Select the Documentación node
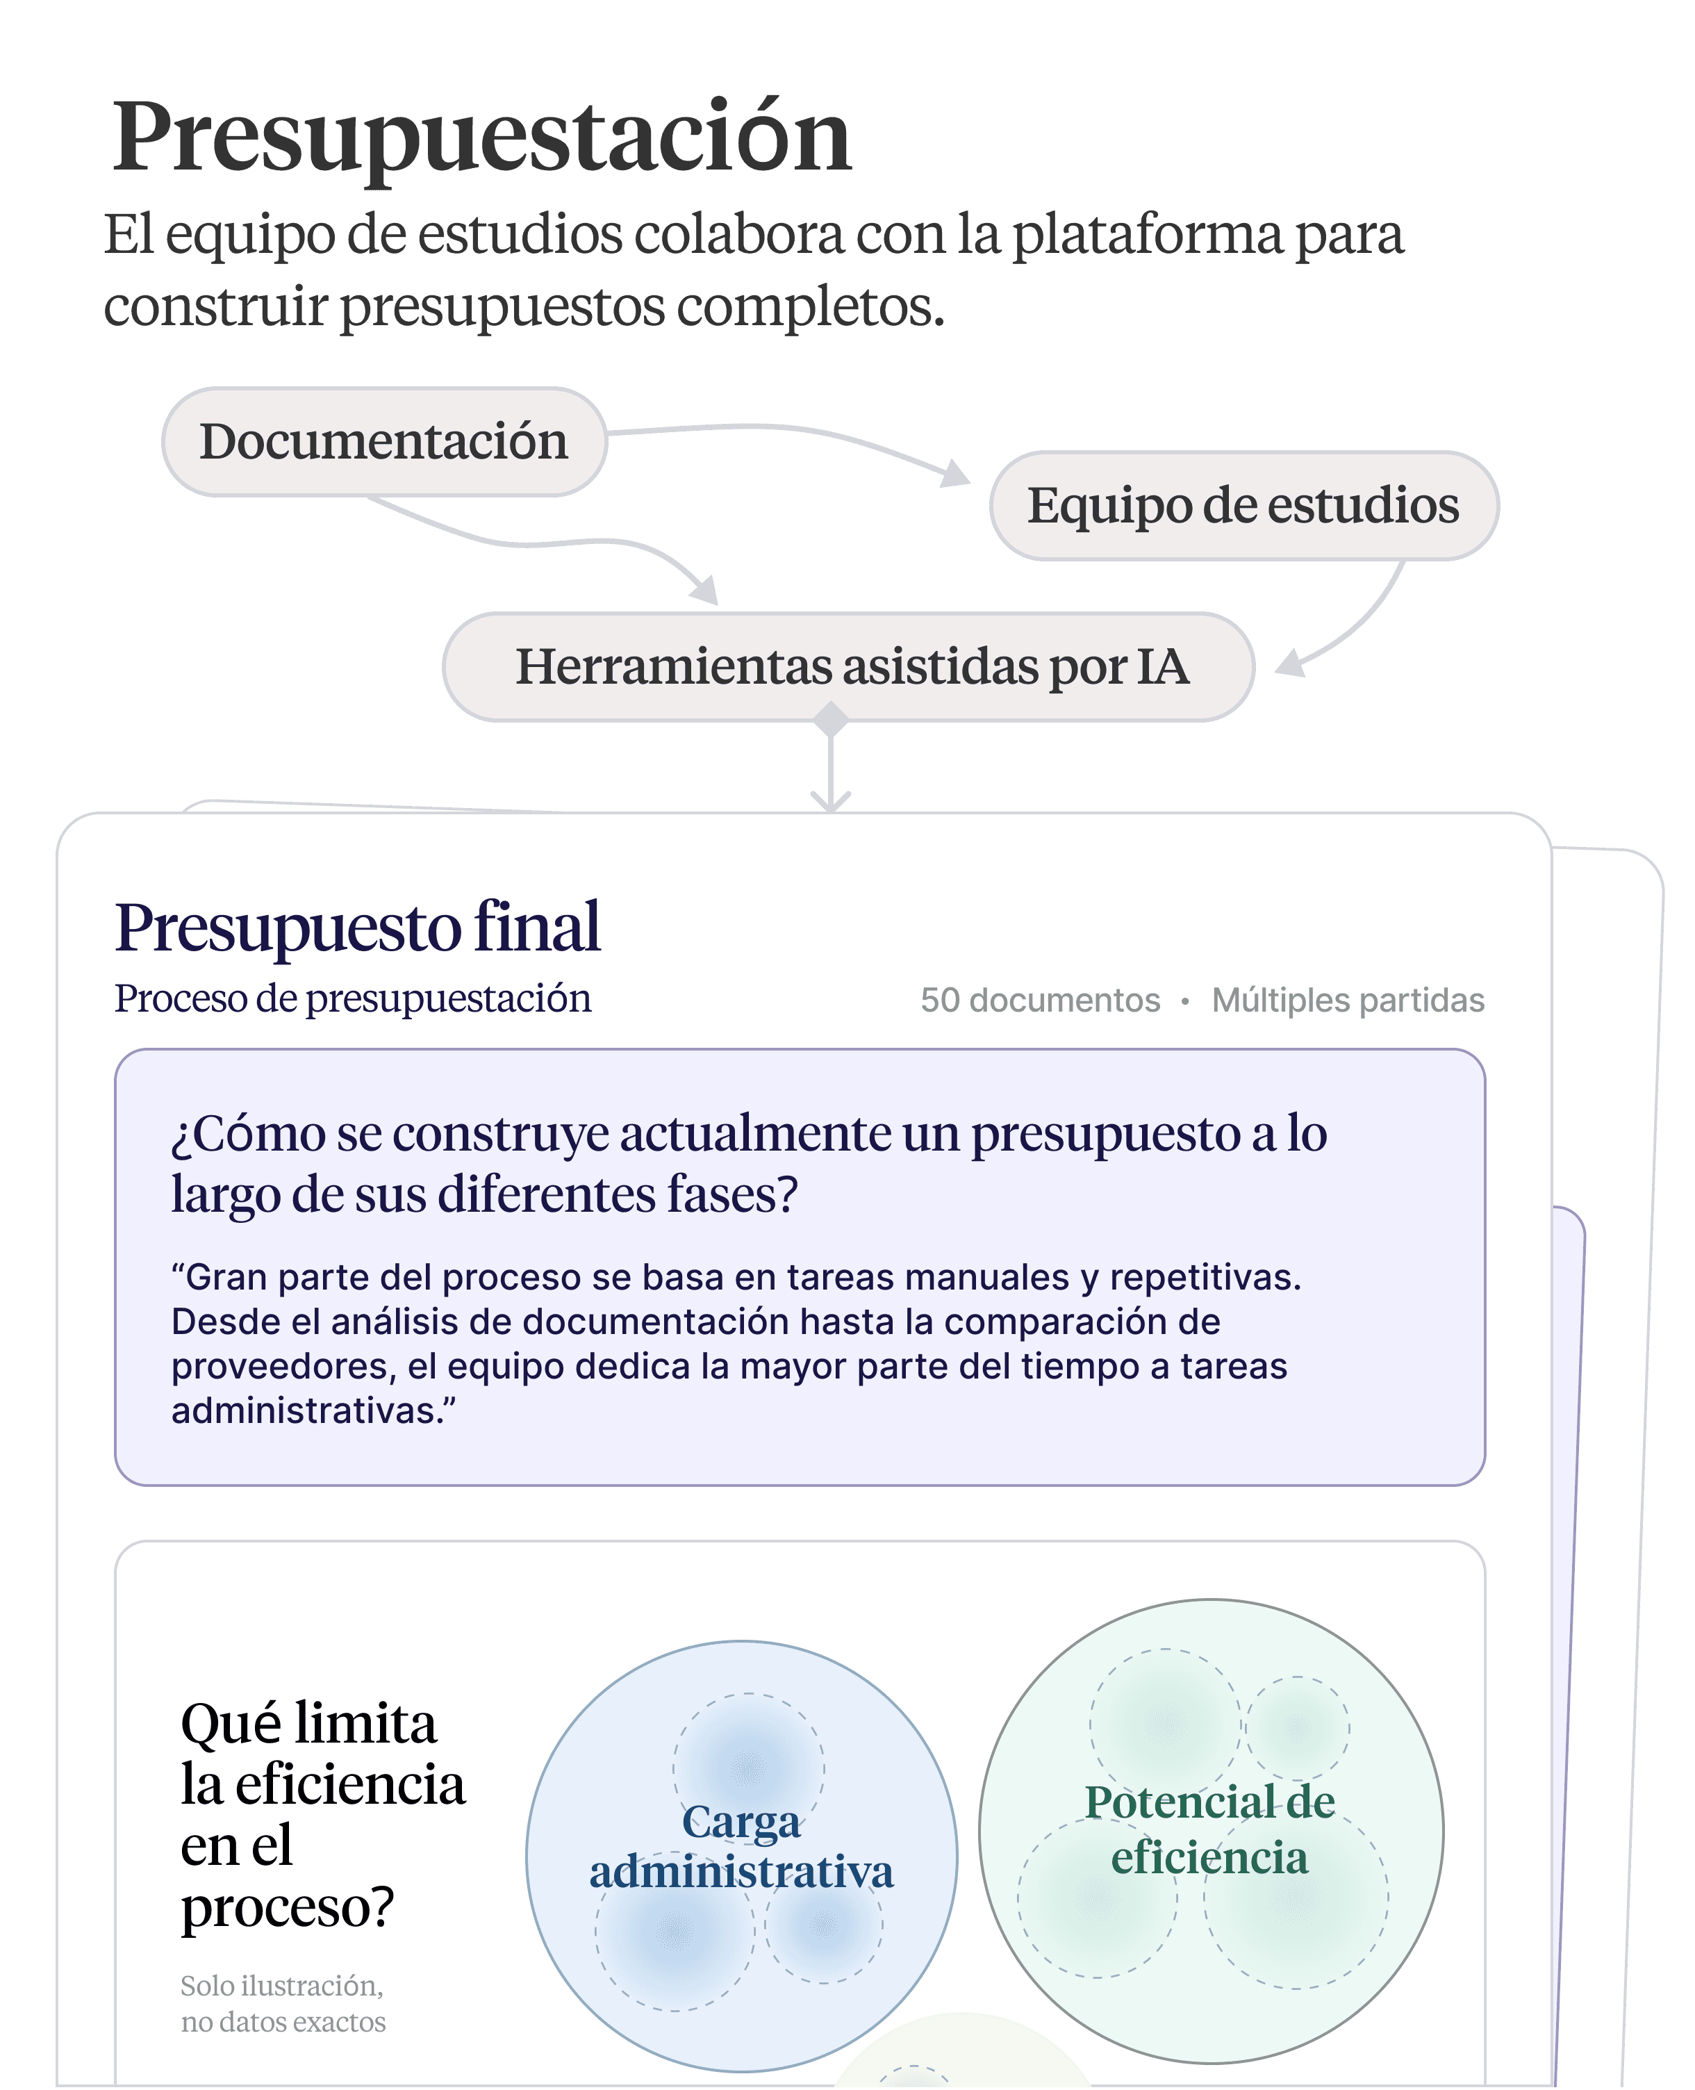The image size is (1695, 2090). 383,441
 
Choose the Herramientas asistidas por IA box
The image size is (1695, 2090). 850,667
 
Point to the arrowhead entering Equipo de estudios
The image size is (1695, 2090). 956,475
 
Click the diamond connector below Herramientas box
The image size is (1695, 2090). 831,720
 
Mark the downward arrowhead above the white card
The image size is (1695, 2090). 831,802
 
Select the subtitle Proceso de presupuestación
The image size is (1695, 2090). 352,998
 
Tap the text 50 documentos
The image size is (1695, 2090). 1040,1000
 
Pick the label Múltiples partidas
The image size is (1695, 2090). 1348,1000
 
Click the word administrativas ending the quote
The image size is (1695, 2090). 306,1410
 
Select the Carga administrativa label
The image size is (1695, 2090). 741,1848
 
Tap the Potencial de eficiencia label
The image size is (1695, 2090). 1209,1829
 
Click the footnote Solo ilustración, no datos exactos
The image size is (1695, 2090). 283,2003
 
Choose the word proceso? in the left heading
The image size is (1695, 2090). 287,1907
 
